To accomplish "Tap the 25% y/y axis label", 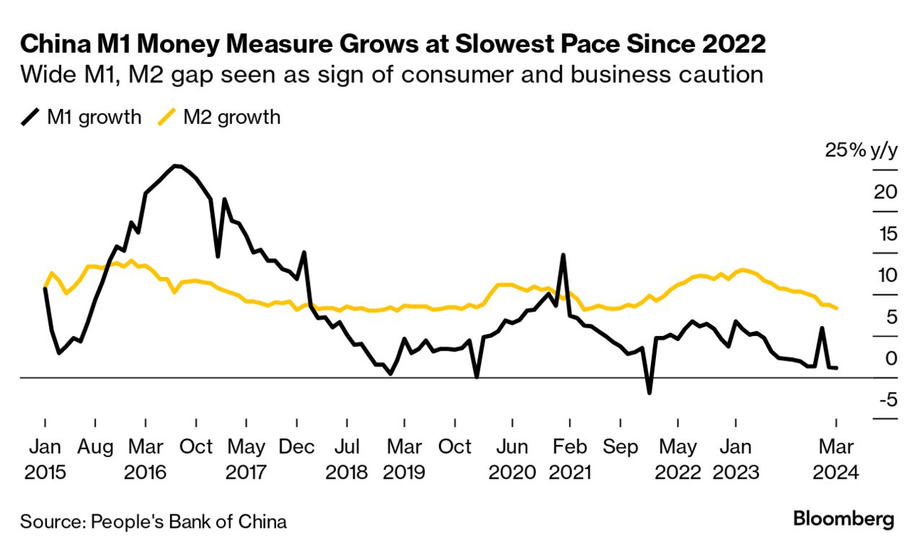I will tap(862, 151).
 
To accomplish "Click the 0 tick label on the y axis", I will tap(891, 358).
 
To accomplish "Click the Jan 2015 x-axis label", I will tap(45, 459).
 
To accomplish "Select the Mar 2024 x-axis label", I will tap(836, 459).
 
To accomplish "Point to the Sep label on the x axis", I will tap(621, 447).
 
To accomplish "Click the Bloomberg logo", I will tap(843, 519).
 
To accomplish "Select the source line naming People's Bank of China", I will tap(153, 521).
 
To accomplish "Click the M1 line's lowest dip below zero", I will tap(649, 392).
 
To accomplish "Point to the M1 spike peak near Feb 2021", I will tap(563, 255).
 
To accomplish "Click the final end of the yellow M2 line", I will tap(836, 309).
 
